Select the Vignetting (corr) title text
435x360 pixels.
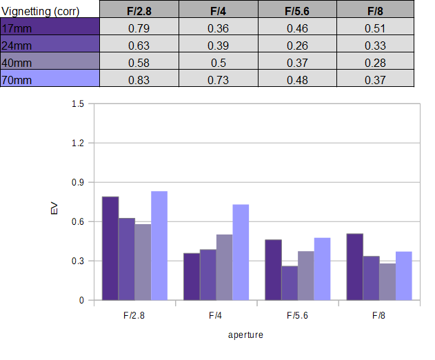pos(41,12)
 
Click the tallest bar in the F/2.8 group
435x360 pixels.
pos(159,246)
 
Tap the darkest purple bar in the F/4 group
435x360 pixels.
pos(192,277)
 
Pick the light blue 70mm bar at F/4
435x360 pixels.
pos(241,252)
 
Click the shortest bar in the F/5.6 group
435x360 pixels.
pos(290,283)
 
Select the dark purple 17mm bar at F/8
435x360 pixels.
pos(355,267)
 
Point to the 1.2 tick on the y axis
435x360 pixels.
pos(78,143)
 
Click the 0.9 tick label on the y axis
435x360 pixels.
pos(78,182)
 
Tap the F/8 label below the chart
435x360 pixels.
pos(378,316)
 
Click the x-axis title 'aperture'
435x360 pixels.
pos(245,335)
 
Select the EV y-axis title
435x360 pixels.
pos(54,208)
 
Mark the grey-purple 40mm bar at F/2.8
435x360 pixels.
pos(143,262)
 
